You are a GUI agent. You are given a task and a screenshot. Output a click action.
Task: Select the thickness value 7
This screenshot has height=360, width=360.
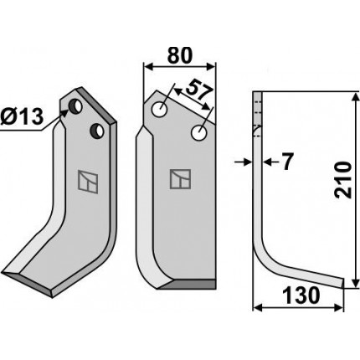[286, 162]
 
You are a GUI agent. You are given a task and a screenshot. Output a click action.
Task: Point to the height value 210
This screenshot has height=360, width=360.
[342, 180]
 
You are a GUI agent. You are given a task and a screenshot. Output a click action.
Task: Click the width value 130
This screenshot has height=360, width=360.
[301, 296]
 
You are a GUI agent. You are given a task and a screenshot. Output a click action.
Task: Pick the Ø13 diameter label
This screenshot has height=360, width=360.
[22, 116]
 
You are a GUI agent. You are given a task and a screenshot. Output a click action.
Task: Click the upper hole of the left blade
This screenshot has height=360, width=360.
[75, 106]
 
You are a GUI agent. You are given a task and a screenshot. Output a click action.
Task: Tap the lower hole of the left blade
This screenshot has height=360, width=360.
[97, 131]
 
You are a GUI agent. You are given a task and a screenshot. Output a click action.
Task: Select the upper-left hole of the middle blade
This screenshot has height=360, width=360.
[159, 109]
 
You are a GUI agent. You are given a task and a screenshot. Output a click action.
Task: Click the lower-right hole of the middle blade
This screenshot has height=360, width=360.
[199, 133]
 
